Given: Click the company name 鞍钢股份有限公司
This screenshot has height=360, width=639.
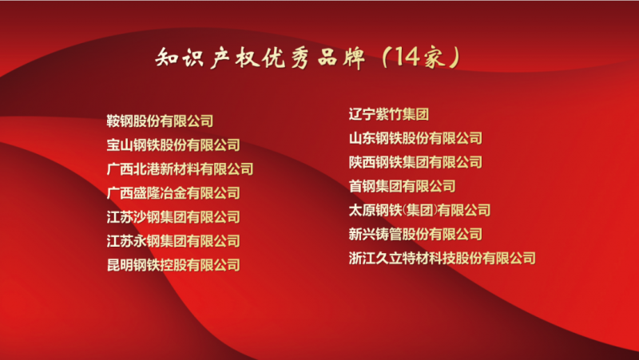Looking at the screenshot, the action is [160, 121].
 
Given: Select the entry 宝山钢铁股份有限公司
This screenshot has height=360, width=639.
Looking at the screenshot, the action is [173, 145].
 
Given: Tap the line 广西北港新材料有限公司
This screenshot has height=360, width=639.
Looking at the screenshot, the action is [180, 169].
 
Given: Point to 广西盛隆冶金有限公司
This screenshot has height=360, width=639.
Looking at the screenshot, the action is [173, 193].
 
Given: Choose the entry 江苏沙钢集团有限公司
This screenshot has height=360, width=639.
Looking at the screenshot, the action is [173, 217].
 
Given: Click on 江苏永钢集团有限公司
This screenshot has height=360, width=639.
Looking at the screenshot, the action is [173, 241].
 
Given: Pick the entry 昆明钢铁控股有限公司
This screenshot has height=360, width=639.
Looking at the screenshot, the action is [173, 265].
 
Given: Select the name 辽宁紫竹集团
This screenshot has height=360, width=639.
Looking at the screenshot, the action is [389, 114].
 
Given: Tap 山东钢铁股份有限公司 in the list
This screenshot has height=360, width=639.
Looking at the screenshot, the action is [415, 138].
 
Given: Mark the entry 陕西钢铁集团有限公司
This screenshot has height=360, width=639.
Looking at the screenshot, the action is [415, 162].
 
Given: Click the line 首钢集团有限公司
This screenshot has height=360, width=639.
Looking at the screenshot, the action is [402, 186].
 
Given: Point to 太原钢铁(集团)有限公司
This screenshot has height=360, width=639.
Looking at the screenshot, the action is [419, 210].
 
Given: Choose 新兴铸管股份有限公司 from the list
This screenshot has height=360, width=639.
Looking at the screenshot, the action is [415, 234].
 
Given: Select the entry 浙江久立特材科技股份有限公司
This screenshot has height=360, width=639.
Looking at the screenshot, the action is [443, 258].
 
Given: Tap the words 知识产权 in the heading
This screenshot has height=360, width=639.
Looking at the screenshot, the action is [208, 57].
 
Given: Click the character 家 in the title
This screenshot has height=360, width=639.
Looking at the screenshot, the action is [435, 57].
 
